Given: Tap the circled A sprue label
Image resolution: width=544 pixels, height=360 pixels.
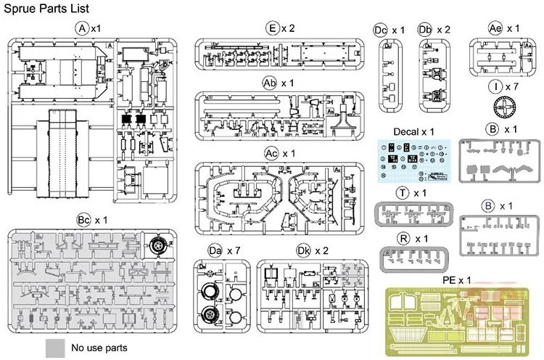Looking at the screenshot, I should click(82, 28).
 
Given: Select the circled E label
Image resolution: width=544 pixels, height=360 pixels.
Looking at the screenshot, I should click(272, 29).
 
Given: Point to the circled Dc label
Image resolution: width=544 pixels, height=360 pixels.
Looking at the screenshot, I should click(382, 30).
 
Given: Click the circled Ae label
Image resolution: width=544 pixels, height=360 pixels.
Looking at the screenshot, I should click(495, 28).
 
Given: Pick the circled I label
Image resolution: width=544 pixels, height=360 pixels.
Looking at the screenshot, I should click(496, 86).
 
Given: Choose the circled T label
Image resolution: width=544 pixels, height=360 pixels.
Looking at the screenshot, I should click(403, 193).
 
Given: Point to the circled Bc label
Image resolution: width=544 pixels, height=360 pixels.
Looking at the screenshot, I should click(86, 219).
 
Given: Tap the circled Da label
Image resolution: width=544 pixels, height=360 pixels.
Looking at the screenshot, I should click(215, 250).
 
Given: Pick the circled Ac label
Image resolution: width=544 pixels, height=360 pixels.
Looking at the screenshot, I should click(272, 154).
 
